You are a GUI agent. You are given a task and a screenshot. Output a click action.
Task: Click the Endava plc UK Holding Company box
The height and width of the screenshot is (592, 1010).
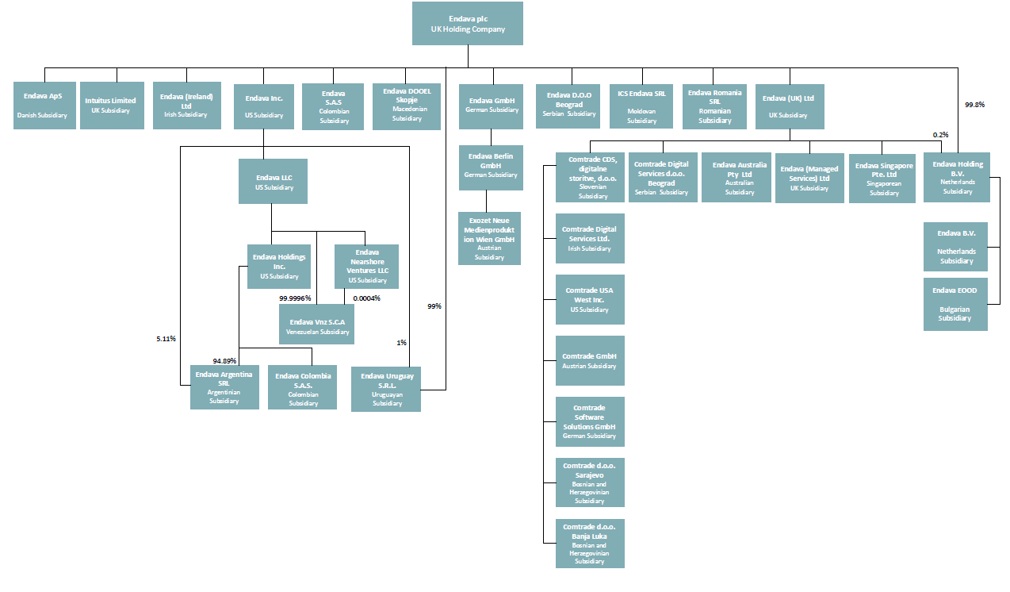click(467, 23)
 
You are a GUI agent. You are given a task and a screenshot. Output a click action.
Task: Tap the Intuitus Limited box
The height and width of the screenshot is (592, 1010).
click(110, 105)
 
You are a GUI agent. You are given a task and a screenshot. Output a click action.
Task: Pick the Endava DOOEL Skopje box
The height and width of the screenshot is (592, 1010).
click(407, 106)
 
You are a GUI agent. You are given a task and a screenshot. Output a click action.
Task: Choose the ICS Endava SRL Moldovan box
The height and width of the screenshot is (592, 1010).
click(642, 106)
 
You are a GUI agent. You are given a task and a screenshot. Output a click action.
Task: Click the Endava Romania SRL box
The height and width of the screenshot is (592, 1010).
click(715, 106)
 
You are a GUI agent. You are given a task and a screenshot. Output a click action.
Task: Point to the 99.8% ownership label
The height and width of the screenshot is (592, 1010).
click(974, 104)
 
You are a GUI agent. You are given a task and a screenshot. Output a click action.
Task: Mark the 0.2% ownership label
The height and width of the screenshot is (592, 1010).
click(941, 135)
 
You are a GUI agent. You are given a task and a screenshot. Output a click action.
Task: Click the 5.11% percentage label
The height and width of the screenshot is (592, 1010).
click(166, 339)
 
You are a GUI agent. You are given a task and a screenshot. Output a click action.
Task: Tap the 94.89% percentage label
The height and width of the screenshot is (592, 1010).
click(224, 361)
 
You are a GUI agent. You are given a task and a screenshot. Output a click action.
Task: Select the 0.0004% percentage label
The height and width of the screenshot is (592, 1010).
click(366, 298)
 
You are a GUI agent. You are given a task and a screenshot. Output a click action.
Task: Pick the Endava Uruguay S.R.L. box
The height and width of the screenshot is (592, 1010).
click(386, 389)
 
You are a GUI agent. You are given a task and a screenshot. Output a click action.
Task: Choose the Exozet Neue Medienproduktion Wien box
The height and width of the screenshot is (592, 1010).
click(489, 238)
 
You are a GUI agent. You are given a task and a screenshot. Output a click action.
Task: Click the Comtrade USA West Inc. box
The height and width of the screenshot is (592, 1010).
click(590, 300)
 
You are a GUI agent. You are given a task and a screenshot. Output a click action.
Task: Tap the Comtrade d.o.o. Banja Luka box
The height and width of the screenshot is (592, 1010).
click(590, 544)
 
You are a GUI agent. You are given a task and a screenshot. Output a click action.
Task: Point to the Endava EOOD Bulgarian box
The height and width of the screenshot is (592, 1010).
click(955, 303)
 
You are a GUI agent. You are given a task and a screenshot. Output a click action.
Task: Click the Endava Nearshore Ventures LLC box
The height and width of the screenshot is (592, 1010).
click(366, 267)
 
